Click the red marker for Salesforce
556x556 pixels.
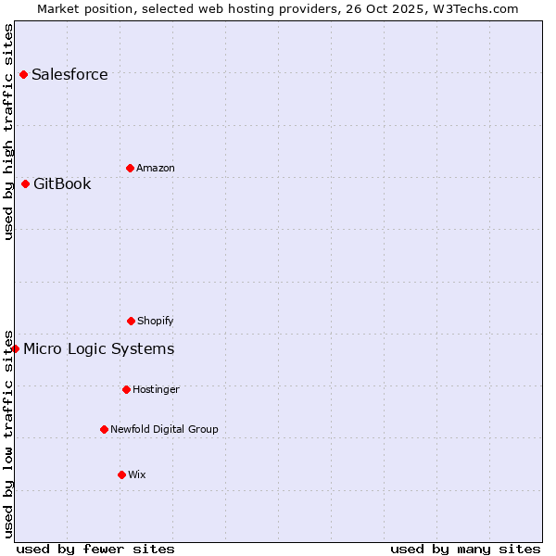23,74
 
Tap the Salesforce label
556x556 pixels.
69,75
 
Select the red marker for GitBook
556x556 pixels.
25,183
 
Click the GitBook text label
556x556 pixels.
62,183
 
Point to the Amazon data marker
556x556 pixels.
130,168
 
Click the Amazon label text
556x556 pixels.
156,168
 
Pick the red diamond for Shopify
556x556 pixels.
131,321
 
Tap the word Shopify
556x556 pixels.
156,321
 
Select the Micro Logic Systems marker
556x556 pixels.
16,348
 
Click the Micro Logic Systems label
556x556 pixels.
98,348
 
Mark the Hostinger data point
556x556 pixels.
126,389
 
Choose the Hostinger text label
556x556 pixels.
156,389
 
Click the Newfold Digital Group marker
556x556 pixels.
104,429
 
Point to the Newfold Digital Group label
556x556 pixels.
164,429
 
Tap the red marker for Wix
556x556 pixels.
121,474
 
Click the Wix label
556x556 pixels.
137,474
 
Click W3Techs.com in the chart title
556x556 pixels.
474,8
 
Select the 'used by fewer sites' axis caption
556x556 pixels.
95,549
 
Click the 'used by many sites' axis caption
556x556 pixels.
465,549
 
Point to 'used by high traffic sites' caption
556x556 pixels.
9,132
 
